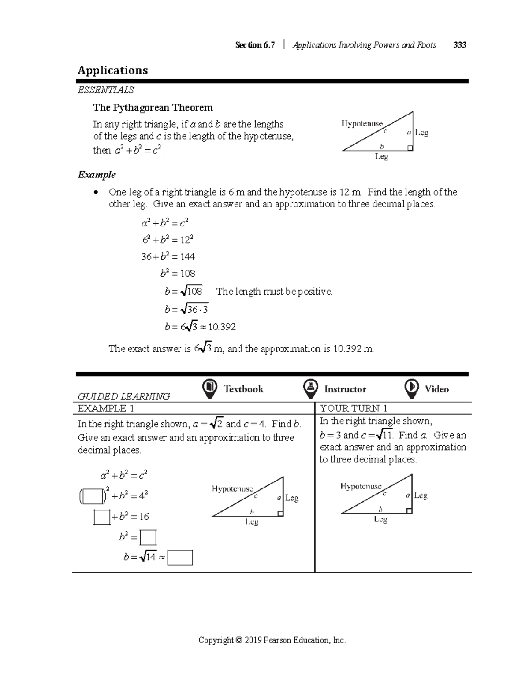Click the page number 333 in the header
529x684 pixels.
459,45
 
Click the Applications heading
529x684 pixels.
113,70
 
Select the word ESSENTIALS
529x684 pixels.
106,90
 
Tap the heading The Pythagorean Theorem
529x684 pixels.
153,108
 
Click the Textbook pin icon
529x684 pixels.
209,388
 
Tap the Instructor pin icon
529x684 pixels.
311,388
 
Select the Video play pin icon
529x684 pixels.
411,388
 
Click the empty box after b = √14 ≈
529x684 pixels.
180,557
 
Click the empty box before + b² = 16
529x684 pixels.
102,517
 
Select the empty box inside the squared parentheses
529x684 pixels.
93,496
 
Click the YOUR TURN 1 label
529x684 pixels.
354,408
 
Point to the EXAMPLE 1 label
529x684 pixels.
106,408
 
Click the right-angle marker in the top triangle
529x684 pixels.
410,148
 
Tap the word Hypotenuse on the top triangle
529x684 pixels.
362,124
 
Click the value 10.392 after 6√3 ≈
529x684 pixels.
222,327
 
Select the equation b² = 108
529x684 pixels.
178,274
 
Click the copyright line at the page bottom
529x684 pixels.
272,640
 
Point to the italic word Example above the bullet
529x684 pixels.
97,175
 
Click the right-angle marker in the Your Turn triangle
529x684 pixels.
409,511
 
